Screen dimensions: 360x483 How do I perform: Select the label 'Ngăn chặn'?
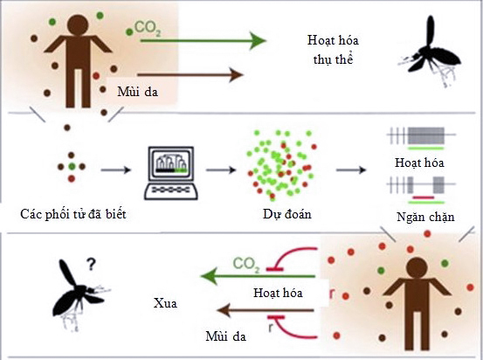419,215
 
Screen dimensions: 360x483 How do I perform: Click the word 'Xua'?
164,304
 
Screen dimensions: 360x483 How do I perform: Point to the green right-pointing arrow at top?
201,40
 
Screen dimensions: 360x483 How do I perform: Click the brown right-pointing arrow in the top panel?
189,75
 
